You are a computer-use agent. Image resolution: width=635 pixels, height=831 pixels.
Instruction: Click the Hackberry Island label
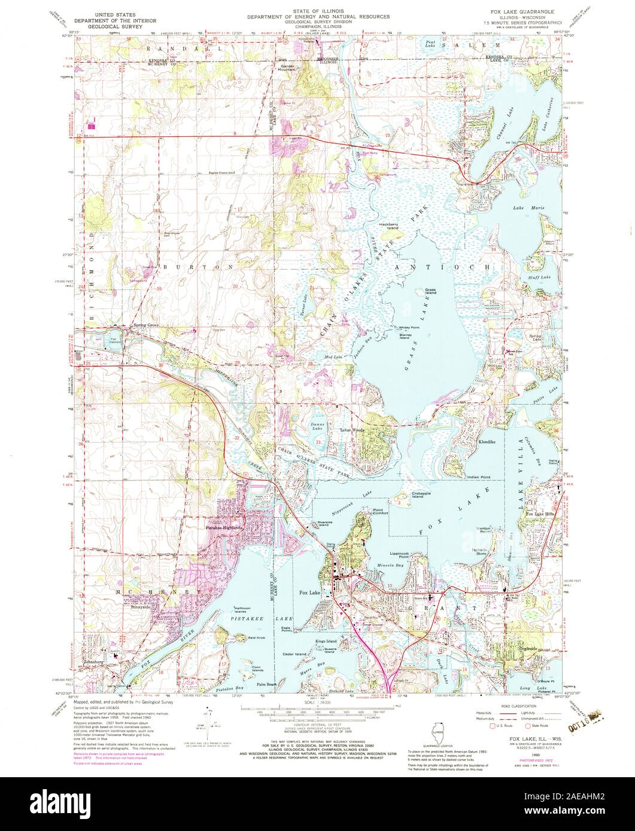[x=388, y=227]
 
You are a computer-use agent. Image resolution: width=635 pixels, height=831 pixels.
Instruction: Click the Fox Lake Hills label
[x=540, y=514]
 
